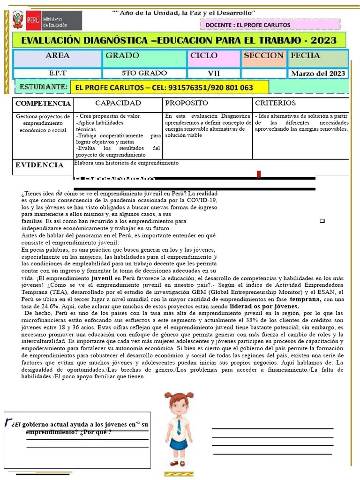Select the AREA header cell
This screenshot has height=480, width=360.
(58, 56)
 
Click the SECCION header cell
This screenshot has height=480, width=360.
(263, 56)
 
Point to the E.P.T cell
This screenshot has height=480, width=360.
(58, 73)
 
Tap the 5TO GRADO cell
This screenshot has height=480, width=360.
(144, 73)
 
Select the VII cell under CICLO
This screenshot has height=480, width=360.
(214, 73)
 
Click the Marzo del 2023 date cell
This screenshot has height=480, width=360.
(318, 74)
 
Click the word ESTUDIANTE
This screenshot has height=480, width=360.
(42, 87)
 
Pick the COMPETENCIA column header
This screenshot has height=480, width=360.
(43, 104)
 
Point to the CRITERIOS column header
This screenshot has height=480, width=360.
(275, 103)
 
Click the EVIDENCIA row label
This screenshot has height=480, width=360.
(39, 165)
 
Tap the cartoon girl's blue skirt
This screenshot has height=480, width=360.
(178, 444)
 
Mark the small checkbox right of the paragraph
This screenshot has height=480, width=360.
(322, 221)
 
